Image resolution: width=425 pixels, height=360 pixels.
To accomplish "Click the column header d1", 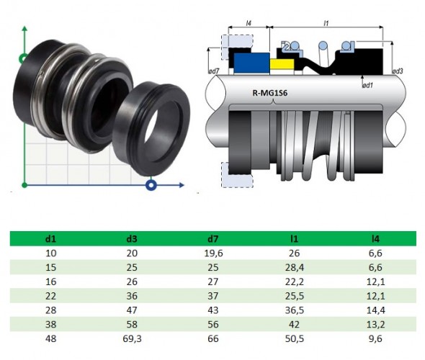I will tap(52, 237).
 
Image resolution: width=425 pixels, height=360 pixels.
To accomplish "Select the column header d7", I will tap(213, 237).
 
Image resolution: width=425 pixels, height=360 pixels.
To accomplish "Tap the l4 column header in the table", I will tap(374, 237).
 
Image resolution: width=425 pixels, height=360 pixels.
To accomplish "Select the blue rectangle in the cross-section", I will tap(249, 63).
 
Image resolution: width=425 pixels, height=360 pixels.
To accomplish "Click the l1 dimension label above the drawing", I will tap(326, 24).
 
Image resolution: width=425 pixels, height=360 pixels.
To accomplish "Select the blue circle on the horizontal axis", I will tap(151, 186).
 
